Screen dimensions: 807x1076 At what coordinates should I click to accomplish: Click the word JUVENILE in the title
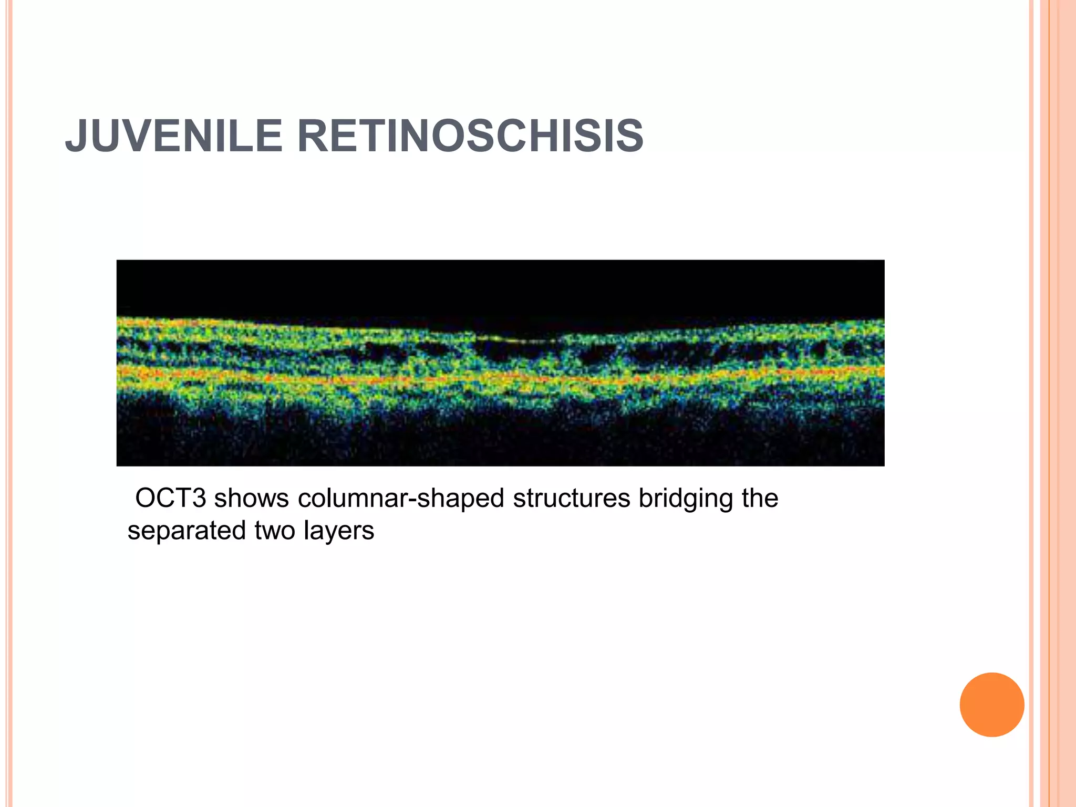click(x=173, y=137)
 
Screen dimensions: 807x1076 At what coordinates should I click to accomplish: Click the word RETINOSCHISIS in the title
click(x=470, y=137)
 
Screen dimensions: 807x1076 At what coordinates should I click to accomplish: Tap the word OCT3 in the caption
click(x=171, y=498)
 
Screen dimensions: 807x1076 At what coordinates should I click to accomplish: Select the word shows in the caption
click(x=251, y=498)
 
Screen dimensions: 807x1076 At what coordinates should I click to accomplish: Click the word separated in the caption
click(x=187, y=531)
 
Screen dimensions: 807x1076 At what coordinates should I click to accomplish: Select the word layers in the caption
click(x=339, y=531)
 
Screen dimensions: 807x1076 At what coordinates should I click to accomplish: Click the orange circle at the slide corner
click(x=992, y=705)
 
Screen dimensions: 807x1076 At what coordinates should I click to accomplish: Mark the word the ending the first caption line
click(x=760, y=498)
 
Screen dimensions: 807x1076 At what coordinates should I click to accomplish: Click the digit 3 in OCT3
click(x=199, y=498)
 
